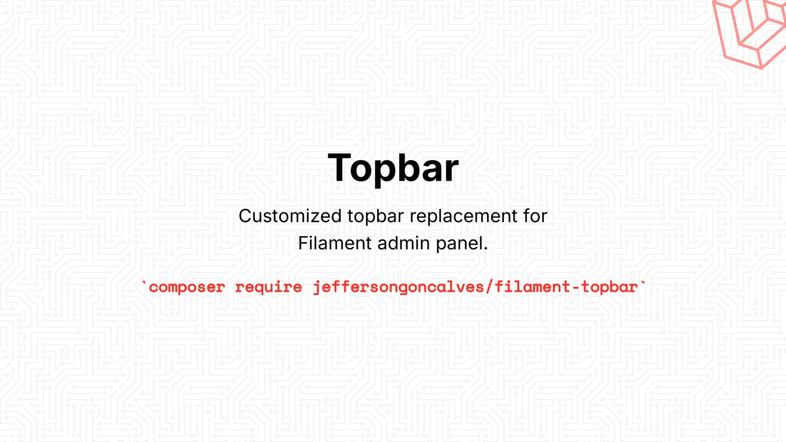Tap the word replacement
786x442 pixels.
[464, 216]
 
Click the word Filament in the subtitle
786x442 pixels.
[335, 243]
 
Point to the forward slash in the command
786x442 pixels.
[489, 287]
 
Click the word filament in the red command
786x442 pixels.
[532, 287]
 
